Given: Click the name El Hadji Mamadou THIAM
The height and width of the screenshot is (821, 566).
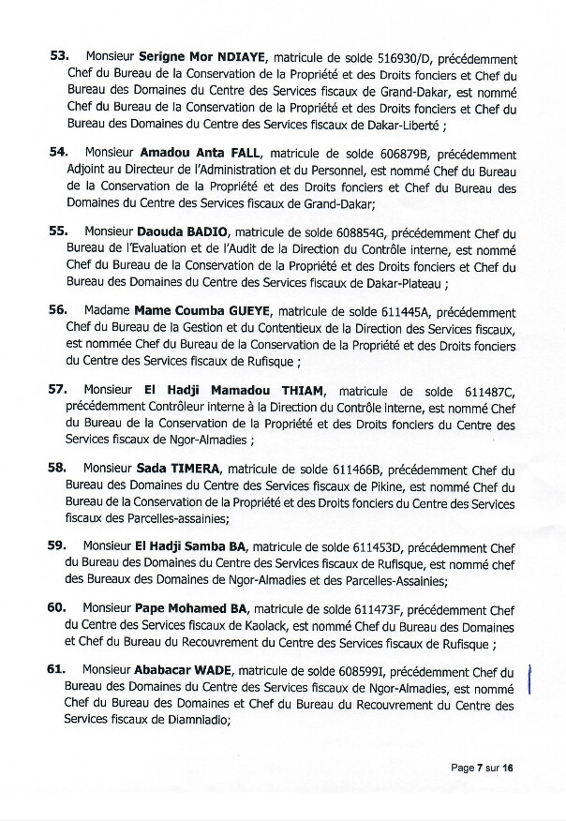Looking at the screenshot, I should [x=229, y=388].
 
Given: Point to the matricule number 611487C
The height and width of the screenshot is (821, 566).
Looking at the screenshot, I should [x=484, y=388].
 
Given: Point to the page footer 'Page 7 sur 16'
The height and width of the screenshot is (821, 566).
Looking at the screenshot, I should [x=483, y=768].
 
